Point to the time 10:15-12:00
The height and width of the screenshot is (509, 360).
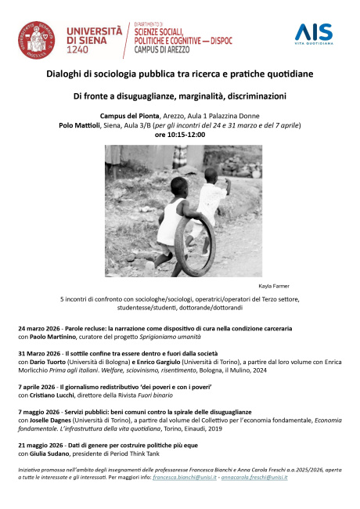click(179, 135)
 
